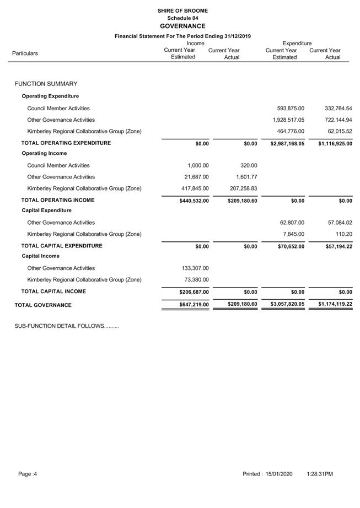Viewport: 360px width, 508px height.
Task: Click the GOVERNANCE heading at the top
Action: click(182, 26)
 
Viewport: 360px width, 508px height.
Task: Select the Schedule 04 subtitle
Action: click(182, 18)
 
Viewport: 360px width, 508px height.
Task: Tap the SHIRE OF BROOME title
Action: click(182, 10)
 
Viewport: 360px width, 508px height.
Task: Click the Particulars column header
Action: click(25, 53)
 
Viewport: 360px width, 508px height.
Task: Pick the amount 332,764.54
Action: click(338, 109)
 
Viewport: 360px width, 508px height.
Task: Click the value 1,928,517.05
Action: click(288, 120)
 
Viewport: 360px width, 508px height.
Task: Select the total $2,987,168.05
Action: click(287, 143)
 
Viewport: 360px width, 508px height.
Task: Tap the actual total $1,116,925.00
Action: click(335, 143)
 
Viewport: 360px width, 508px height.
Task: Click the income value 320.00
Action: click(249, 165)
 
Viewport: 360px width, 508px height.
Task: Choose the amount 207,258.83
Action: click(243, 188)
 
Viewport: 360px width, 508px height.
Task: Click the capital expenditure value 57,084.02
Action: click(338, 223)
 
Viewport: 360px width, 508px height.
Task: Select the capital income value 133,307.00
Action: click(195, 268)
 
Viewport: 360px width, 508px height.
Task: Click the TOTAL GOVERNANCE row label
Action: click(43, 305)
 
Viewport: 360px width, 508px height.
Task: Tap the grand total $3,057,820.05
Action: click(287, 304)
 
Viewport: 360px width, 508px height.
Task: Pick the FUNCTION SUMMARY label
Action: click(46, 84)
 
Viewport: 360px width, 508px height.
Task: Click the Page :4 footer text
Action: click(28, 474)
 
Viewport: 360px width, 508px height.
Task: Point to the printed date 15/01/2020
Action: click(279, 474)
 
